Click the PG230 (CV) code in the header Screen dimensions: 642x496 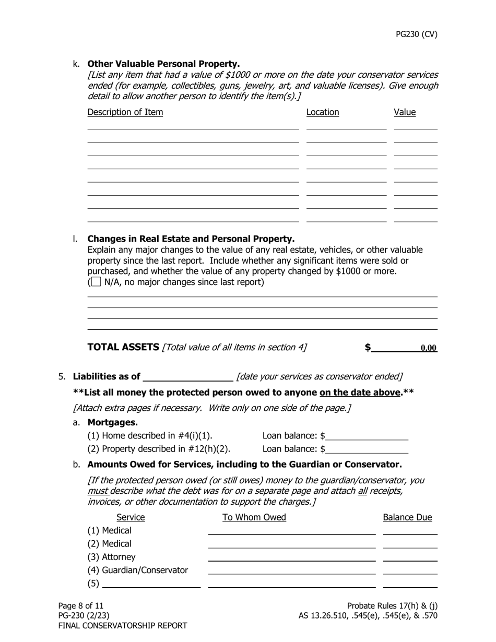click(416, 34)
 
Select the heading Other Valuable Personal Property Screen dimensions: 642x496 click(163, 64)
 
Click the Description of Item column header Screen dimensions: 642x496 click(125, 112)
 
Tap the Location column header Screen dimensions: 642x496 click(323, 112)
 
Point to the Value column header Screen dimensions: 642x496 click(405, 112)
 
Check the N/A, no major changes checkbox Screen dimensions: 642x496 click(96, 282)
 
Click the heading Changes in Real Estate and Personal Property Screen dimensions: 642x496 click(191, 239)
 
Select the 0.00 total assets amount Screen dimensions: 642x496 click(428, 348)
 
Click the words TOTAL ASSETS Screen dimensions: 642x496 click(123, 347)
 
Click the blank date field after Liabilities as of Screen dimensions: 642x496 click(188, 377)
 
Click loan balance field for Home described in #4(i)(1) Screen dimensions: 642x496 click(367, 436)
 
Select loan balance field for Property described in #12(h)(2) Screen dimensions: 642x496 click(367, 449)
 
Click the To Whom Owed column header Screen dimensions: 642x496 click(254, 517)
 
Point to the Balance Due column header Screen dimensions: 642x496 click(407, 517)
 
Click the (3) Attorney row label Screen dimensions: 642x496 click(111, 557)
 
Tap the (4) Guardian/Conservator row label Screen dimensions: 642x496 click(137, 570)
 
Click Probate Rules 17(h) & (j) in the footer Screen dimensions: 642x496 click(392, 605)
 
